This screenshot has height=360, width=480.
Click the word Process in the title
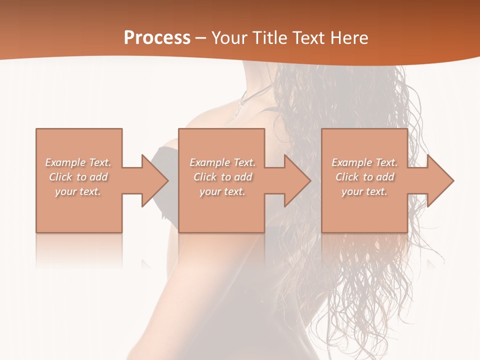pyautogui.click(x=157, y=38)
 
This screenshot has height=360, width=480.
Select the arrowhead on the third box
pyautogui.click(x=439, y=180)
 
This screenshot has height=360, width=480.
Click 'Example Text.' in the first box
pyautogui.click(x=78, y=162)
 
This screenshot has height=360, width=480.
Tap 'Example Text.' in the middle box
pyautogui.click(x=222, y=162)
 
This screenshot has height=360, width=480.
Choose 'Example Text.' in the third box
pyautogui.click(x=364, y=162)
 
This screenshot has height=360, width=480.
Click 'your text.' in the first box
pyautogui.click(x=78, y=191)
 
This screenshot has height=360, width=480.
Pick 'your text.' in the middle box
pyautogui.click(x=222, y=191)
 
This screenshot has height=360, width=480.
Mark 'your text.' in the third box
pyautogui.click(x=364, y=191)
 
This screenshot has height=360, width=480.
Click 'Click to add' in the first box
pyautogui.click(x=78, y=177)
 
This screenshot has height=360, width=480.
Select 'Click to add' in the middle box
pyautogui.click(x=222, y=177)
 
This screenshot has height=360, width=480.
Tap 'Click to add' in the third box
pyautogui.click(x=364, y=177)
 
